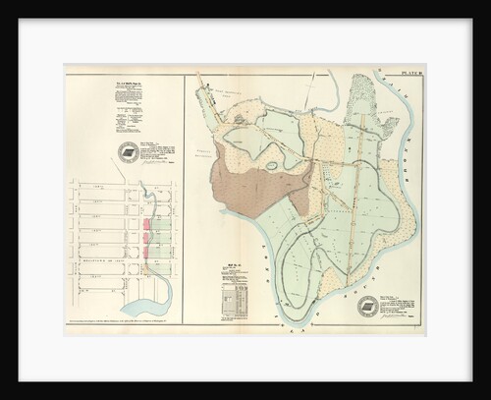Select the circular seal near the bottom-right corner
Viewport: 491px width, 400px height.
pos(368,306)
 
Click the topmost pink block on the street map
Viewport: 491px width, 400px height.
pos(147,224)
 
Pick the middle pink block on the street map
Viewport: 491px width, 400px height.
pos(147,238)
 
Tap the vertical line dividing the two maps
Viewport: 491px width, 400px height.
pos(185,197)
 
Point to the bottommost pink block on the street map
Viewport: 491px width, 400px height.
pos(146,253)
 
